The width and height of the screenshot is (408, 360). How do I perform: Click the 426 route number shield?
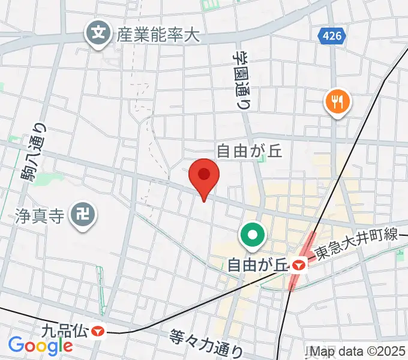click(332, 36)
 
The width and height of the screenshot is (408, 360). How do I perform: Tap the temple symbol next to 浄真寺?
click(81, 215)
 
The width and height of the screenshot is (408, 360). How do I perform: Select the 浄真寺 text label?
click(39, 215)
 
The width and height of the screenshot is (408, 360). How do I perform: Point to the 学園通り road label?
click(242, 78)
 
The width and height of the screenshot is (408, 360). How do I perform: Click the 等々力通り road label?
click(206, 343)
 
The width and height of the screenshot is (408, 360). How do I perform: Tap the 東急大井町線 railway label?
click(356, 235)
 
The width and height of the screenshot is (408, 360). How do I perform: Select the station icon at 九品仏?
click(95, 331)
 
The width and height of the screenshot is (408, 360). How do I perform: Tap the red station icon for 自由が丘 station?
click(298, 264)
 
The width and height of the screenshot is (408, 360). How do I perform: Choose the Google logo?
click(40, 345)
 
